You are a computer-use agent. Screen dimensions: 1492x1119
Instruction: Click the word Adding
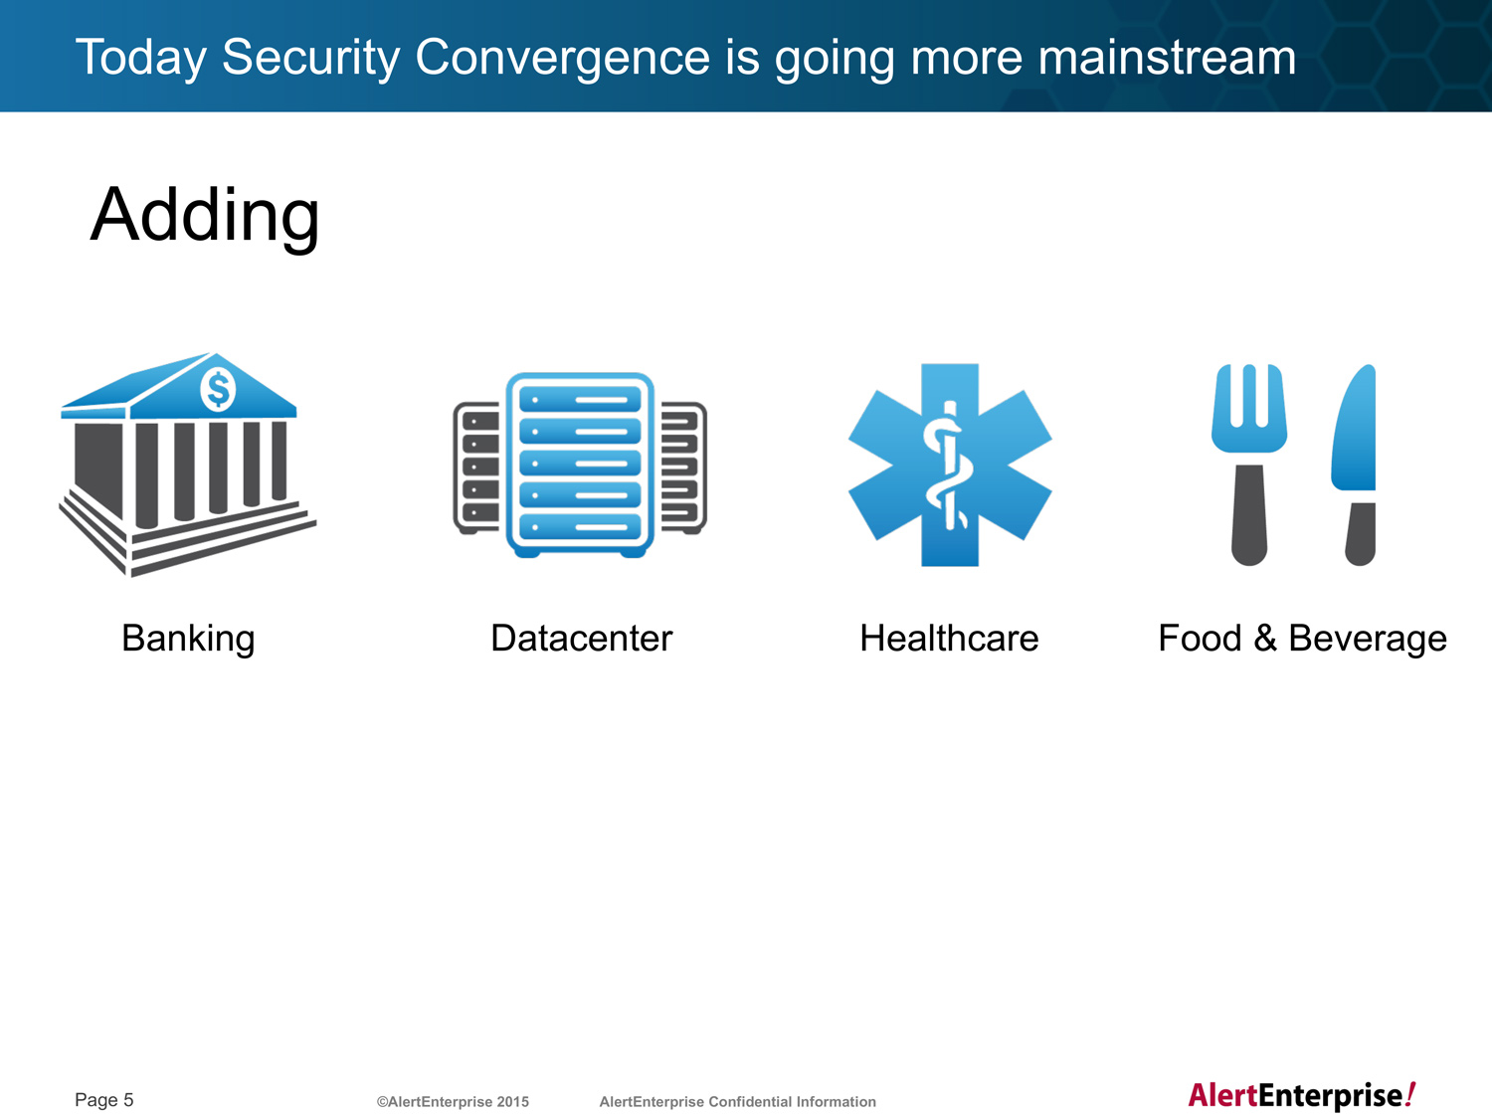click(x=205, y=216)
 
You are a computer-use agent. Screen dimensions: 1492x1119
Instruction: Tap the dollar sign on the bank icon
click(x=218, y=389)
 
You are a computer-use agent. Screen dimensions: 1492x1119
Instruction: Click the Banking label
click(x=188, y=639)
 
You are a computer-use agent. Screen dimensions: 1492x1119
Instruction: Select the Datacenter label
click(x=581, y=638)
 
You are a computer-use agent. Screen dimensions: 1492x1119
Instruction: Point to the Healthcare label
click(x=949, y=638)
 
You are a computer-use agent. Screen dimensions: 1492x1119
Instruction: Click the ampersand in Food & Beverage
click(x=1265, y=638)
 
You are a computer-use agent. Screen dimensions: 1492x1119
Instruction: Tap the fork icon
click(x=1249, y=465)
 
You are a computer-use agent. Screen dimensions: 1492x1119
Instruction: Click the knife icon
click(x=1354, y=465)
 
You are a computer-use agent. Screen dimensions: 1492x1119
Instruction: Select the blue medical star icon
click(x=950, y=465)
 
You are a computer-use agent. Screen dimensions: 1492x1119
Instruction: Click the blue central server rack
click(x=580, y=466)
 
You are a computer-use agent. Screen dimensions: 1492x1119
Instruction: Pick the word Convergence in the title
click(x=563, y=57)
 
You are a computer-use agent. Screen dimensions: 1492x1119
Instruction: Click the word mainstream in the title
click(x=1167, y=57)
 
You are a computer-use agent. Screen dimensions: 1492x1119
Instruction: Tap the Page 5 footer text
click(x=104, y=1100)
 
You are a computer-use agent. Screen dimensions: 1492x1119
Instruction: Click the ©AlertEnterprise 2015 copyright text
click(x=453, y=1102)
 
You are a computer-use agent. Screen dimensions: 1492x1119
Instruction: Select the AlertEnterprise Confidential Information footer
click(x=737, y=1102)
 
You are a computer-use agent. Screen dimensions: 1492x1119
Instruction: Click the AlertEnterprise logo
click(x=1302, y=1096)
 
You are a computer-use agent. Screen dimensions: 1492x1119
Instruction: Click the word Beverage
click(x=1368, y=640)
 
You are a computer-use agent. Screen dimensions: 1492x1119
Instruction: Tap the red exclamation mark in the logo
click(x=1410, y=1094)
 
